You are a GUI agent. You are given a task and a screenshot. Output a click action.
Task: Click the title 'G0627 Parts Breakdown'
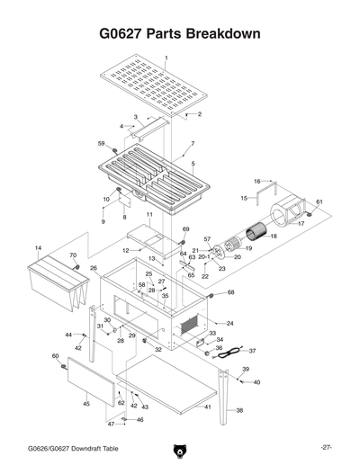pyautogui.click(x=180, y=33)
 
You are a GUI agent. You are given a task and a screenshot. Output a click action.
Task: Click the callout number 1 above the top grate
pyautogui.click(x=166, y=57)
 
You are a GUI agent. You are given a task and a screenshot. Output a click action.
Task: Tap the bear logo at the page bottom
pyautogui.click(x=179, y=447)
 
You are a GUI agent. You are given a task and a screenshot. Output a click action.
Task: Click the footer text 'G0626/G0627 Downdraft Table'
pyautogui.click(x=72, y=447)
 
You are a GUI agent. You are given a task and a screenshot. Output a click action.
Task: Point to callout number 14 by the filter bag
pyautogui.click(x=38, y=247)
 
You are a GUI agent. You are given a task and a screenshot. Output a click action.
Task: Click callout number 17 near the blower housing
pyautogui.click(x=301, y=223)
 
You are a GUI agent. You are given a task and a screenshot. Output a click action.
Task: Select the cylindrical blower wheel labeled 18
pyautogui.click(x=256, y=236)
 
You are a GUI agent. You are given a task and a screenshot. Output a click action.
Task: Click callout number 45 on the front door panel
pyautogui.click(x=86, y=404)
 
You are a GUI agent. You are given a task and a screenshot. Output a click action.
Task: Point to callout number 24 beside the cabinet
pyautogui.click(x=230, y=323)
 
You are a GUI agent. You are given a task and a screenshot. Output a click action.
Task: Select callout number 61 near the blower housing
pyautogui.click(x=319, y=201)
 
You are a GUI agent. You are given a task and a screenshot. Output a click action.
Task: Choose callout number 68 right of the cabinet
pyautogui.click(x=231, y=292)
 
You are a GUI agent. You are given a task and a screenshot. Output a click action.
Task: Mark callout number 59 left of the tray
pyautogui.click(x=101, y=143)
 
